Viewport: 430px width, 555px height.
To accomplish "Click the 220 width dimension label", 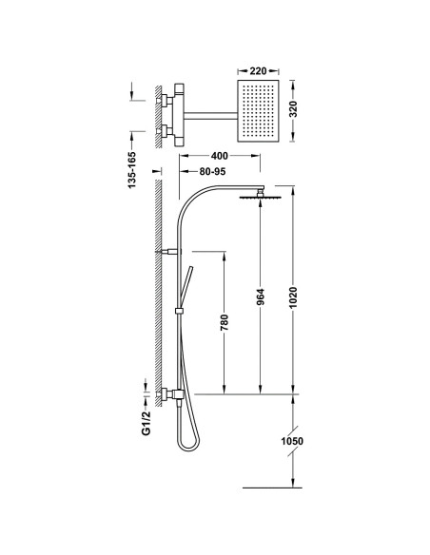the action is tap(258, 70).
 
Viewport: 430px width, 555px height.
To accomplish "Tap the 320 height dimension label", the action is tap(294, 109).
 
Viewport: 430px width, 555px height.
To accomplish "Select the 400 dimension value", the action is tap(219, 156).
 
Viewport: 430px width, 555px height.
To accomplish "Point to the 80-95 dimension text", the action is tap(212, 171).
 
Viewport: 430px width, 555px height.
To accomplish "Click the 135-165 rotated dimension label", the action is tap(132, 170).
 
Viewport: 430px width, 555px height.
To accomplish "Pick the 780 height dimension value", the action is tap(225, 322).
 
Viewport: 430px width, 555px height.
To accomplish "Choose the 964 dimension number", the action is tap(261, 297).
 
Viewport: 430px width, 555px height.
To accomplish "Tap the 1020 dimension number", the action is tap(293, 297).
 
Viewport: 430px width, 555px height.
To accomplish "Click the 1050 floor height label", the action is tap(292, 441).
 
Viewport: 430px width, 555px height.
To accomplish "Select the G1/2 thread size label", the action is tap(147, 423).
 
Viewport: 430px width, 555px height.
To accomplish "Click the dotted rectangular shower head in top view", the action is tap(258, 111).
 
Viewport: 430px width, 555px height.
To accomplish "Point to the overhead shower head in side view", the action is tap(261, 197).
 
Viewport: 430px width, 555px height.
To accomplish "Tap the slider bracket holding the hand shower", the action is tap(180, 311).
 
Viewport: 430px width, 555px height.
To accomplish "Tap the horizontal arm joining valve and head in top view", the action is tap(210, 115).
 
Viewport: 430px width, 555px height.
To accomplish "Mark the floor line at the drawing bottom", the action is tap(272, 488).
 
